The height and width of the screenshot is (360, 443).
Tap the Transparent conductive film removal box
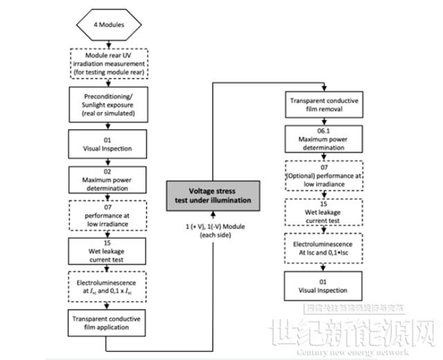click(323, 105)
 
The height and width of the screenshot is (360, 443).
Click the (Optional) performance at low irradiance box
click(323, 177)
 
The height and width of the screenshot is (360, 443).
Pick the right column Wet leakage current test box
click(323, 213)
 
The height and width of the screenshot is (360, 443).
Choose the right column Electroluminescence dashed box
click(323, 249)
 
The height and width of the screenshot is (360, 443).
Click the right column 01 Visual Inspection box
click(323, 285)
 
